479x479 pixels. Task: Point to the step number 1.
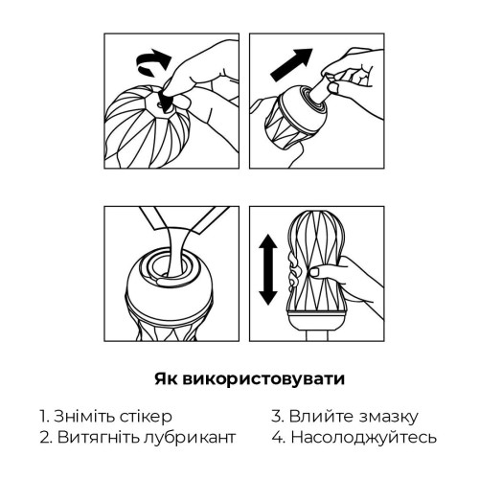point(44,417)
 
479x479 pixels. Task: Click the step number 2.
point(45,438)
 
